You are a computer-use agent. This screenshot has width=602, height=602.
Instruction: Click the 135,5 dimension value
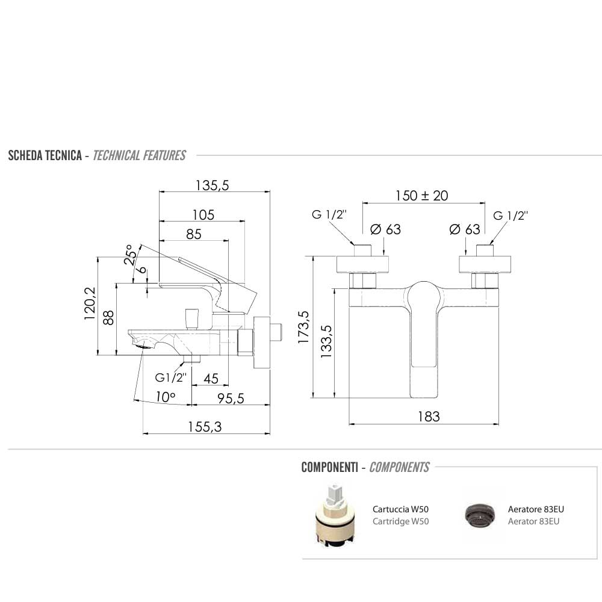[x=212, y=186]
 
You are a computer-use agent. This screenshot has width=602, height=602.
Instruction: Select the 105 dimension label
[x=203, y=215]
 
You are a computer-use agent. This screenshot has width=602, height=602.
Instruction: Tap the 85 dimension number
[x=193, y=234]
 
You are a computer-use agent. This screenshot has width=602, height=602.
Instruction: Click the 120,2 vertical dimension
[x=90, y=302]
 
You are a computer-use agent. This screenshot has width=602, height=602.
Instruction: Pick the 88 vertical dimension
[x=108, y=318]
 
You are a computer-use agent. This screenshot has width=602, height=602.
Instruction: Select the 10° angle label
[x=165, y=397]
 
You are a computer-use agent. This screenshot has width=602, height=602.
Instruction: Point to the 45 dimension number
[x=211, y=378]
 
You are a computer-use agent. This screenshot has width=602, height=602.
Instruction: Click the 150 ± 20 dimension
[x=421, y=196]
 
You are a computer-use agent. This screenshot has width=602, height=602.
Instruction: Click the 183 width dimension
[x=429, y=416]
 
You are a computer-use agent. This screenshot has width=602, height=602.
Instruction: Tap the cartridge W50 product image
[x=333, y=516]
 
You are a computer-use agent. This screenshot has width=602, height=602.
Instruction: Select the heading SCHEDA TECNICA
[x=45, y=156]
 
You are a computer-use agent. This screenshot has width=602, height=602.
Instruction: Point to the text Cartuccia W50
[x=400, y=509]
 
